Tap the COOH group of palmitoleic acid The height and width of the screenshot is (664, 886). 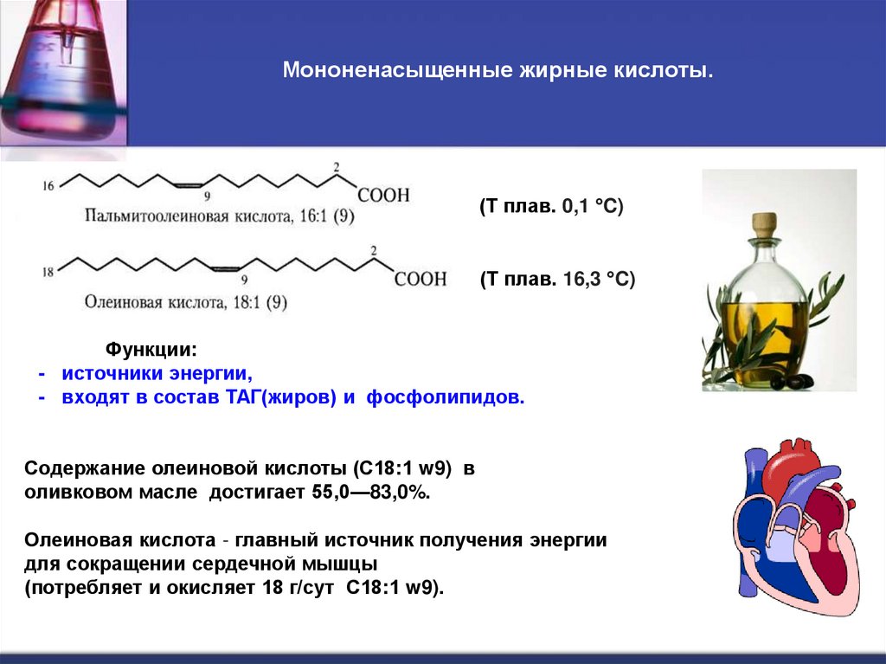click(x=383, y=196)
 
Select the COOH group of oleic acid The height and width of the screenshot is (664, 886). click(x=421, y=280)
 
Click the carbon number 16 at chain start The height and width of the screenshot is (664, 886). click(x=48, y=185)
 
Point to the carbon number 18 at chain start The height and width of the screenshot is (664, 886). click(x=48, y=271)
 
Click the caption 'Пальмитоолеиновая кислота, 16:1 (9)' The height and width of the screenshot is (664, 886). click(x=220, y=216)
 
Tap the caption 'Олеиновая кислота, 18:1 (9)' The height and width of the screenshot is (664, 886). click(x=187, y=303)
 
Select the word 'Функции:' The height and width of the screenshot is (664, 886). click(x=151, y=350)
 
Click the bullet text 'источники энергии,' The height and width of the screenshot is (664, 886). click(x=157, y=374)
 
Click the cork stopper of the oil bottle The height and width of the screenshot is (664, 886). click(x=763, y=224)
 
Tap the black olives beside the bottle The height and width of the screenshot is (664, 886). click(x=791, y=379)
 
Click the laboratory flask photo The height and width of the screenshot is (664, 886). click(x=61, y=74)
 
